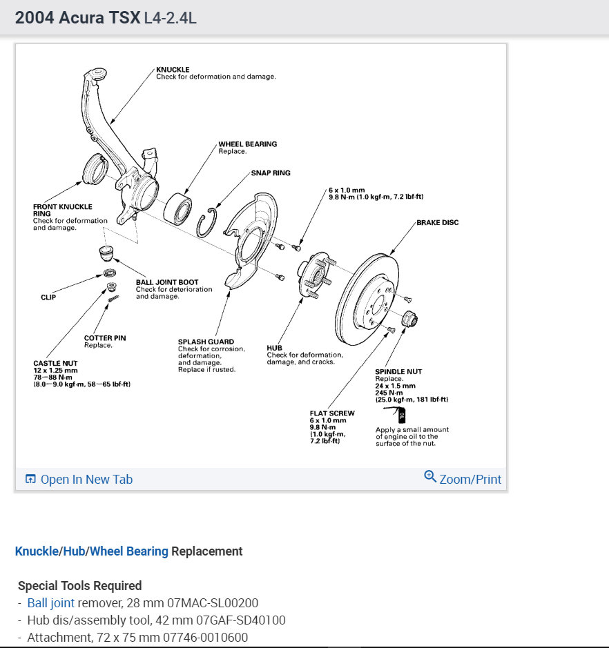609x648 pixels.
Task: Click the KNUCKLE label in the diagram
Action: (x=173, y=70)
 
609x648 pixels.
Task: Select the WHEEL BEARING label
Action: (x=247, y=144)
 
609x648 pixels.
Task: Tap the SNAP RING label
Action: (x=271, y=173)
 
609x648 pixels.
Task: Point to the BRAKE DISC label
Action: (x=437, y=223)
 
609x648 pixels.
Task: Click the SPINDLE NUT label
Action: (x=398, y=372)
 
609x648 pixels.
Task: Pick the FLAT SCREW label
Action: (x=332, y=413)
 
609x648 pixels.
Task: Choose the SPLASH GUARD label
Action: (x=206, y=342)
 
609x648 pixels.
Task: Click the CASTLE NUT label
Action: (x=55, y=363)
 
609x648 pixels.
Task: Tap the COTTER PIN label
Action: (x=105, y=338)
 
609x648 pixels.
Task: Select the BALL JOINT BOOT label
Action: (x=167, y=282)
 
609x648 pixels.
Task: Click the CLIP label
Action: (x=48, y=297)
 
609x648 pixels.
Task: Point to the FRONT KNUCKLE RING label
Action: (x=62, y=210)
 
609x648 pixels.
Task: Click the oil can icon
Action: (x=399, y=415)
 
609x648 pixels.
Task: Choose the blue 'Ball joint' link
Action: (x=50, y=602)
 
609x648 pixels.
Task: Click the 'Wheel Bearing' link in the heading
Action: (x=129, y=551)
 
